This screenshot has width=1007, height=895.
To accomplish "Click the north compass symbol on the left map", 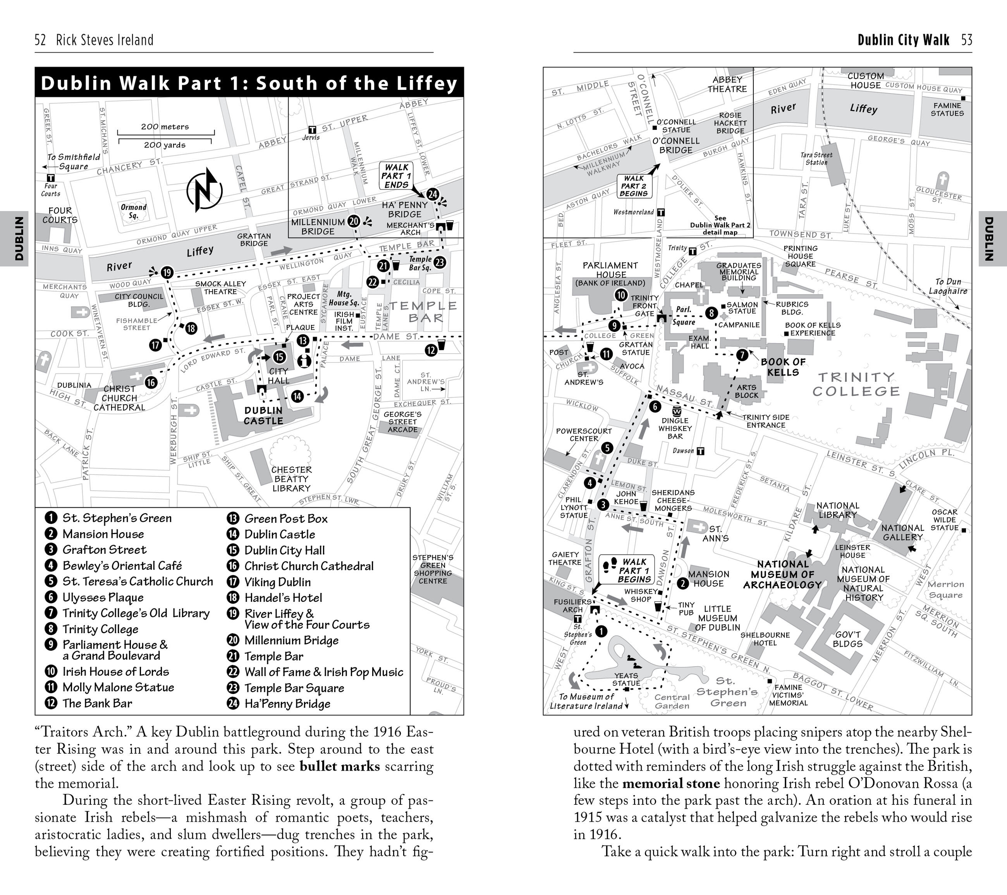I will tap(204, 190).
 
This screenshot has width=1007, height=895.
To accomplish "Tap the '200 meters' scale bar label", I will tap(165, 127).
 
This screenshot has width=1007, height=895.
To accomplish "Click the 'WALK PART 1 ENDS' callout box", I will tap(397, 176).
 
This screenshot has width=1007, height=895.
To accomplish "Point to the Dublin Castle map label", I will tap(264, 415).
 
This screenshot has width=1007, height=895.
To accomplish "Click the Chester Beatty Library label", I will tap(291, 479).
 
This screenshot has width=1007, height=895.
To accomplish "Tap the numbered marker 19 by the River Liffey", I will tap(167, 272).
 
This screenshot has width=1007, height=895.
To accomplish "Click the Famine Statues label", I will tap(947, 109).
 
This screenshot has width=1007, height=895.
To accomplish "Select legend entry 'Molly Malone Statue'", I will tap(118, 687).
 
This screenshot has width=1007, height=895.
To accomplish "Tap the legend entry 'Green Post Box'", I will tap(286, 518).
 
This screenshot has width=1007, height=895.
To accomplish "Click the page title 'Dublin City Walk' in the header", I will tap(903, 40).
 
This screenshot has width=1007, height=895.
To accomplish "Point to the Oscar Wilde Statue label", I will tap(944, 520).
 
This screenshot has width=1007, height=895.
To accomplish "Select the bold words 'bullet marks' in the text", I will tap(339, 766).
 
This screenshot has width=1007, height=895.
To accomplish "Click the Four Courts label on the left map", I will tap(60, 215).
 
